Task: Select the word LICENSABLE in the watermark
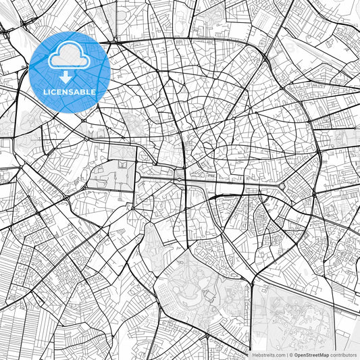[x=69, y=92]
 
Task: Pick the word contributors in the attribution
[x=344, y=355]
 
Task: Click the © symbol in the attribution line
[x=290, y=355]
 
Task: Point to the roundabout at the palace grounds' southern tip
[x=134, y=205]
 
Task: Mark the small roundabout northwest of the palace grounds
[x=88, y=137]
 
